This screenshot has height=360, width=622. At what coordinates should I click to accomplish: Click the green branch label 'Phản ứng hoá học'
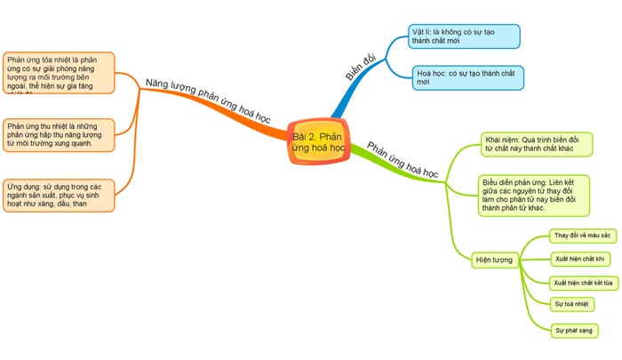point(403,158)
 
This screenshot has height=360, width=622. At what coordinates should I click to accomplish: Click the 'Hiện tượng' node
point(496,260)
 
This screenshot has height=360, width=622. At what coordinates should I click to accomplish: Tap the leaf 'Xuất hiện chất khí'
point(578,259)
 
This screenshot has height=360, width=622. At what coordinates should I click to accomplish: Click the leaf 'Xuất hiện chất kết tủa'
point(583,283)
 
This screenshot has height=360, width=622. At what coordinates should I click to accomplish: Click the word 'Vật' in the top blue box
point(419,31)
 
